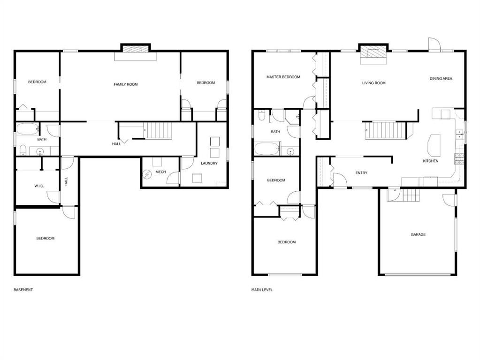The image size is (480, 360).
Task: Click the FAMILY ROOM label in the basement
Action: click(126, 84)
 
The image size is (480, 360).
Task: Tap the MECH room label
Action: click(160, 172)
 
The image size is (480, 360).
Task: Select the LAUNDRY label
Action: click(209, 163)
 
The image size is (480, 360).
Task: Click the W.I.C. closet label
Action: click(39, 186)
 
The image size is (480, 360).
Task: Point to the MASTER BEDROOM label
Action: click(283, 77)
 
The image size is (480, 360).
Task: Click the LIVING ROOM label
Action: click(373, 83)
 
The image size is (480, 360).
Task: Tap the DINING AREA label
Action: click(441, 79)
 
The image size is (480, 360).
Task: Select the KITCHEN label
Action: click(430, 161)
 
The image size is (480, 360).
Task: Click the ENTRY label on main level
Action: click(361, 173)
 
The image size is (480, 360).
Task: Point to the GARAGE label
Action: click(418, 234)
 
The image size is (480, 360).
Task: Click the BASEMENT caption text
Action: click(23, 290)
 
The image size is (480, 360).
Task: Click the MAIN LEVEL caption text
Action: click(262, 290)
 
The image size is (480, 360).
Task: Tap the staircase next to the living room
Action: click(385, 130)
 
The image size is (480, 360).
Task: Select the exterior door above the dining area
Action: click(435, 45)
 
